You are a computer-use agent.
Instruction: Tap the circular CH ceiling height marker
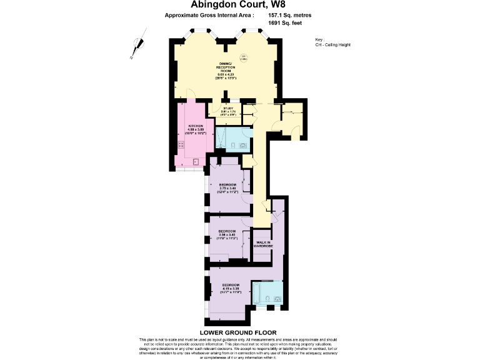tap(244, 58)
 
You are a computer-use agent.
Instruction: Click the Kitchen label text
tap(196, 131)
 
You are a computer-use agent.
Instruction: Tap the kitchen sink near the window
tap(196, 162)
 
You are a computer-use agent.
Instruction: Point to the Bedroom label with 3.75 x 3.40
tap(227, 187)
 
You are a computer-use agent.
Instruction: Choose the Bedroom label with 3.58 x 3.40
tap(226, 236)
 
